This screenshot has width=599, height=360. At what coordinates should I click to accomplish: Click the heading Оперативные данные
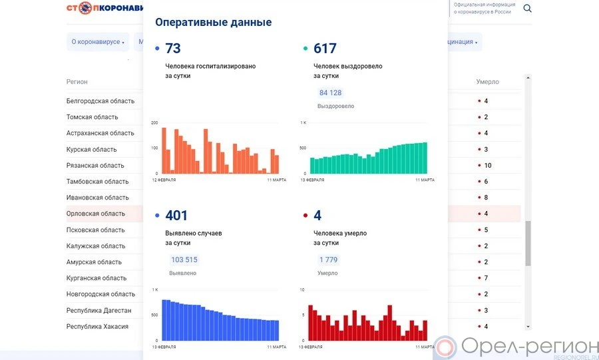213,22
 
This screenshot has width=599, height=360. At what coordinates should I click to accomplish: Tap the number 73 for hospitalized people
173,49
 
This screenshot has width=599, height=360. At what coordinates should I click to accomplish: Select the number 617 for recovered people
325,49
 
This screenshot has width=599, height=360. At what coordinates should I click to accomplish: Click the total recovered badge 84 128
330,92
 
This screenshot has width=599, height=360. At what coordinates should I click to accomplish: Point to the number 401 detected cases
176,216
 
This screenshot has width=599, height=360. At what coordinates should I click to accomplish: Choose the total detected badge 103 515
184,260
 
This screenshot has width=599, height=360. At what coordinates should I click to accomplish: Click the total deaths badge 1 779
328,260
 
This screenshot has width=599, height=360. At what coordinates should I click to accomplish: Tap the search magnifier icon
527,9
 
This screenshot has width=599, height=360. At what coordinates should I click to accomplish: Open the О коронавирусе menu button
99,42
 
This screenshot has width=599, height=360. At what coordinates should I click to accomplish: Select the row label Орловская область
96,214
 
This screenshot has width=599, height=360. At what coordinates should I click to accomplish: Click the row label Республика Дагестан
99,310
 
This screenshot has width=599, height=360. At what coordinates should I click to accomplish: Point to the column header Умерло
487,82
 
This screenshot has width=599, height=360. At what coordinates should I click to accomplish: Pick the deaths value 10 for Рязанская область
488,165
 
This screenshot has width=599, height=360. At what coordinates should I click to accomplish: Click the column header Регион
77,82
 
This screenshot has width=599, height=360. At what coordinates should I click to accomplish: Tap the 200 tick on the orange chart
154,122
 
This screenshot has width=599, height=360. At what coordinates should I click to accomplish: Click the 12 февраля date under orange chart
165,180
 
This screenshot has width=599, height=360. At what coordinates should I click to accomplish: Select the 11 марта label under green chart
425,180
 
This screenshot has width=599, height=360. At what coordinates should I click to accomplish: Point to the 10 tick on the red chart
303,289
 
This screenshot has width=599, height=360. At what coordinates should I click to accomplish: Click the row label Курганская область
97,278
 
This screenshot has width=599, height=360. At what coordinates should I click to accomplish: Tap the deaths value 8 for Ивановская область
486,198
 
